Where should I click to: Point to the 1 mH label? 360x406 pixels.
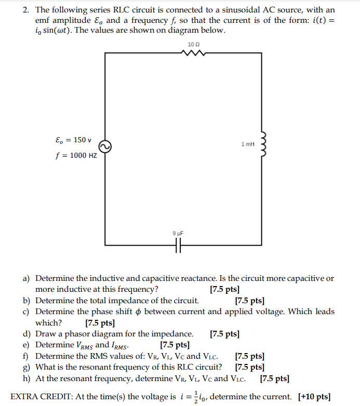248,144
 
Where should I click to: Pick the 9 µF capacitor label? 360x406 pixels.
178,234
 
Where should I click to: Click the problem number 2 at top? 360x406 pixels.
25,10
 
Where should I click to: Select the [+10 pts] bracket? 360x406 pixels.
314,397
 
